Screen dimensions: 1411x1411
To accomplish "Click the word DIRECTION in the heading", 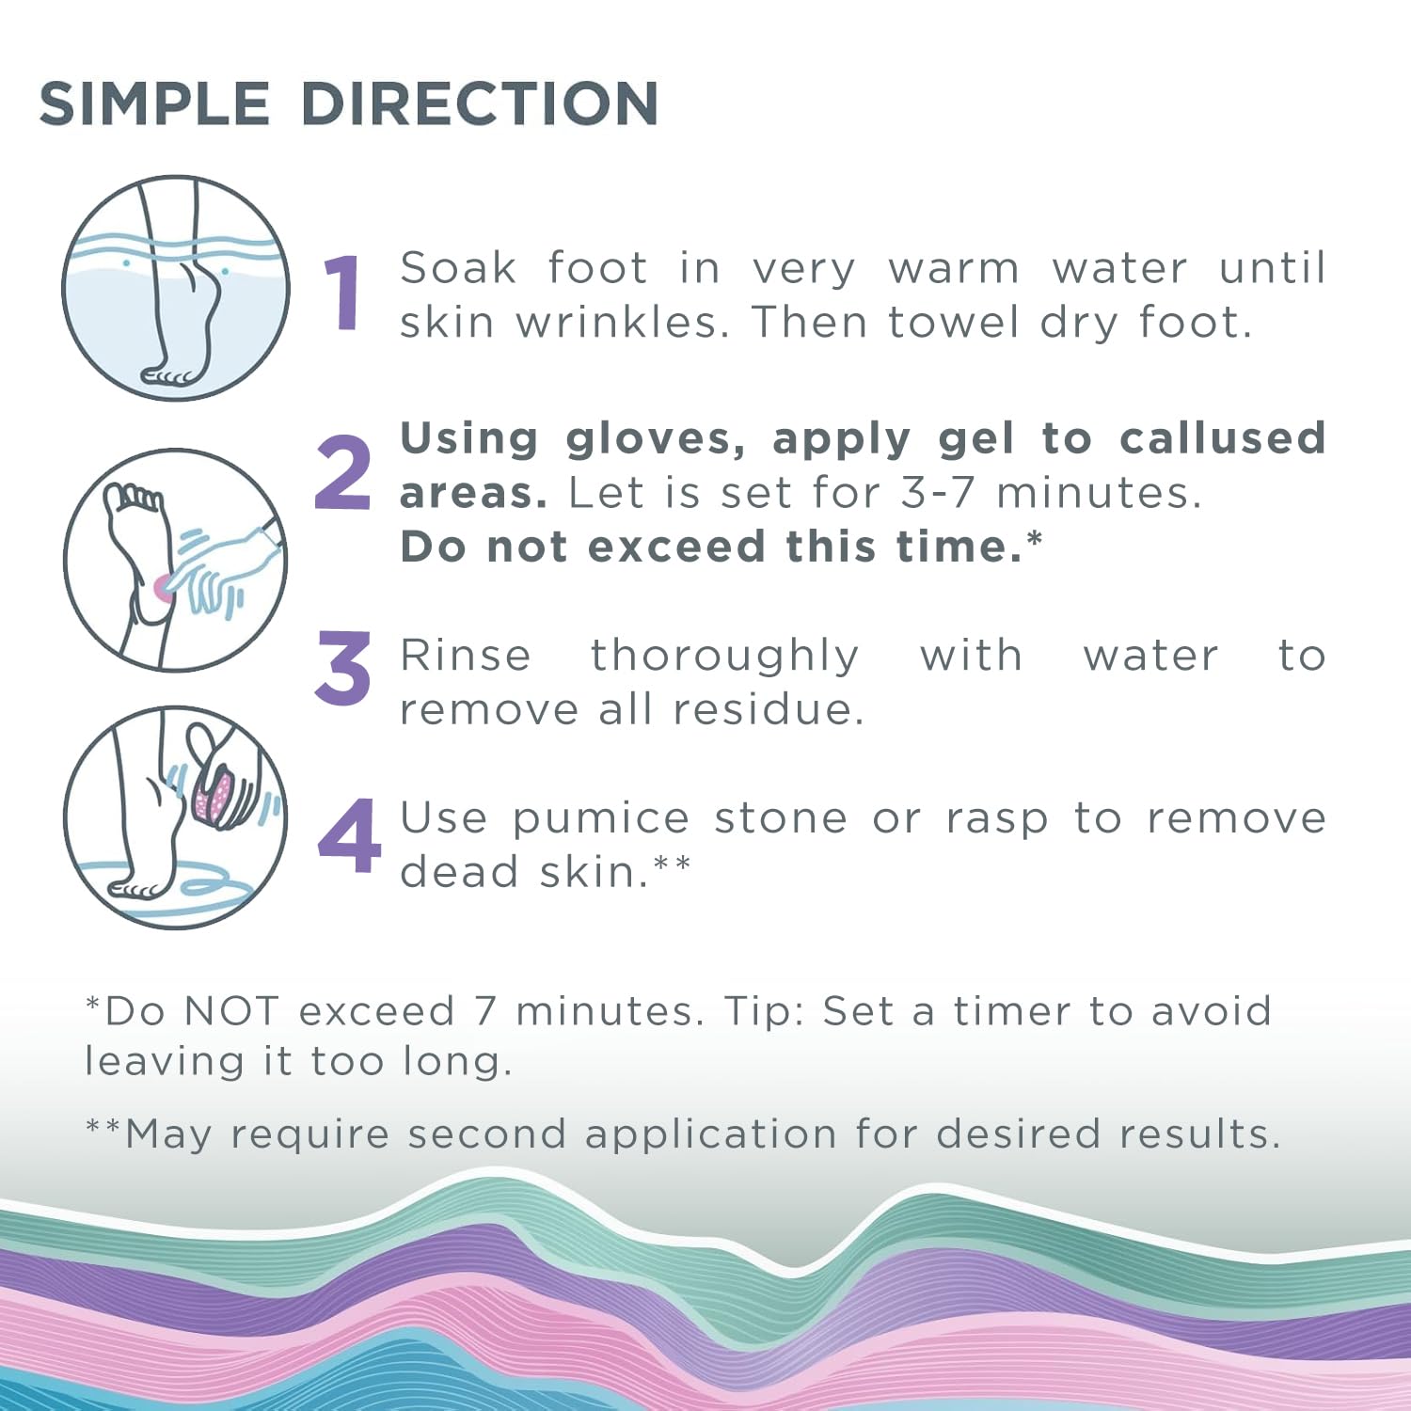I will [x=480, y=103].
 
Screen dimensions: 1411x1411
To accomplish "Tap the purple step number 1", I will [x=343, y=293].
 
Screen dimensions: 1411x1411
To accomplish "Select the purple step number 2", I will [x=343, y=473].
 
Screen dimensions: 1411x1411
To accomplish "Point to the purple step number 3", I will [x=343, y=669].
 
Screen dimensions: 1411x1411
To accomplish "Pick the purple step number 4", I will [x=349, y=835].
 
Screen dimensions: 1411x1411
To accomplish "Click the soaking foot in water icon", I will [x=176, y=288].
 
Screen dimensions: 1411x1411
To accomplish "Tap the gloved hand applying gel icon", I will [x=176, y=561].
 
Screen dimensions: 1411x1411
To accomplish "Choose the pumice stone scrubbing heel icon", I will [x=176, y=818].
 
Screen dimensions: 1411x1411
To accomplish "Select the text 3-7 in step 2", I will [x=937, y=493].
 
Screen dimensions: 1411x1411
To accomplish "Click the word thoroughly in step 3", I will [x=724, y=656].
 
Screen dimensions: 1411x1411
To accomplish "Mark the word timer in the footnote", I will [x=1012, y=1012].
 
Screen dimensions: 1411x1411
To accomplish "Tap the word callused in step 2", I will [x=1223, y=439].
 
